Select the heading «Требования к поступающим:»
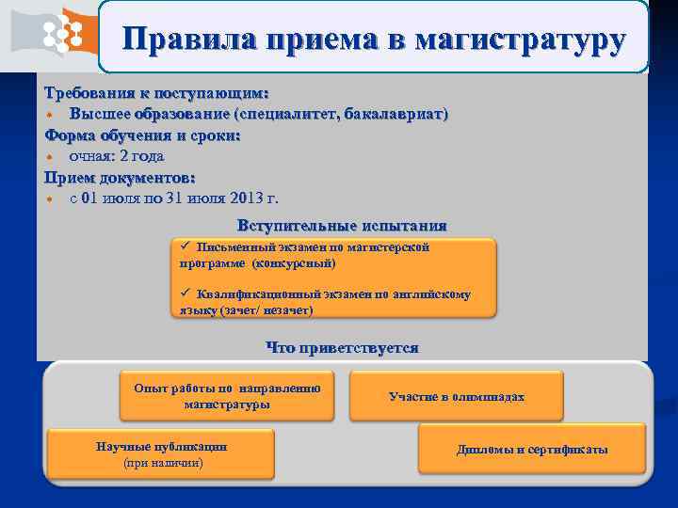pyautogui.click(x=156, y=94)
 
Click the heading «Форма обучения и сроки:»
pyautogui.click(x=142, y=135)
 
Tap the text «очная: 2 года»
pyautogui.click(x=117, y=156)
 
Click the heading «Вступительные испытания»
pyautogui.click(x=342, y=226)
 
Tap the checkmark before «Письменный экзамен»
pyautogui.click(x=186, y=246)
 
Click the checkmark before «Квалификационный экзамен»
pyautogui.click(x=186, y=294)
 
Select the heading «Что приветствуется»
pyautogui.click(x=342, y=348)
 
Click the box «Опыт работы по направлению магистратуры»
pyautogui.click(x=227, y=396)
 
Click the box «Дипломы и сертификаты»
pyautogui.click(x=532, y=450)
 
